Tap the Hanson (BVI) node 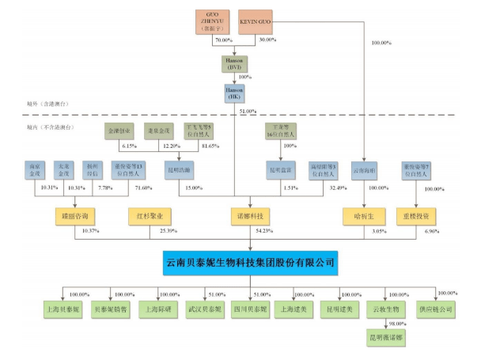coord(234,64)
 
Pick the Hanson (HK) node coord(234,96)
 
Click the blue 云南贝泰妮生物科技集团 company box coord(249,262)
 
